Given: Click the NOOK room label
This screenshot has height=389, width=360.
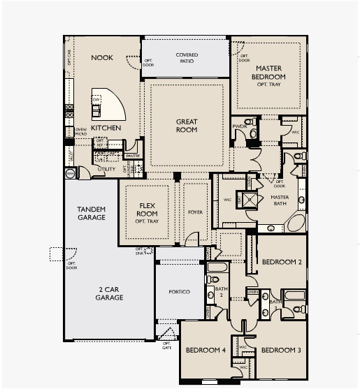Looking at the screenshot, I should [101, 58].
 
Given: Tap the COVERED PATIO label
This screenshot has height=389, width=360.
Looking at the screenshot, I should [186, 57].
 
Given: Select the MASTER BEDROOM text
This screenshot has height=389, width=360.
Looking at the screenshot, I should [269, 72].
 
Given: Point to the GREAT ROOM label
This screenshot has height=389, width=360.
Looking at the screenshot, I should [187, 126].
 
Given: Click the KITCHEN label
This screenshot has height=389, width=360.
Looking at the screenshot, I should [106, 129].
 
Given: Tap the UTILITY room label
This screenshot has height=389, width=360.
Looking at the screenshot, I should [106, 169].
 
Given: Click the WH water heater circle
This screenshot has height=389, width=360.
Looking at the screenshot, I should [70, 172].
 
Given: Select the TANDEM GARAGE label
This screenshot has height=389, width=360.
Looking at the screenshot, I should [92, 213].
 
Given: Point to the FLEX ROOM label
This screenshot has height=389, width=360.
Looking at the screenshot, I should [147, 211].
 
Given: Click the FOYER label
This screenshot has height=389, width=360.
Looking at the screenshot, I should [195, 211].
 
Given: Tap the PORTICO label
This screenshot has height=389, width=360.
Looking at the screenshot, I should [179, 291].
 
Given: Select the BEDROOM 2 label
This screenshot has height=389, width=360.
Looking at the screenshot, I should [281, 263].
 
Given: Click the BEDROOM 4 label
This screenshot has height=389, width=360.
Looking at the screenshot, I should [205, 350].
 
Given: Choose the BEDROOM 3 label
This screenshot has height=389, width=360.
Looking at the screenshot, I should [281, 350].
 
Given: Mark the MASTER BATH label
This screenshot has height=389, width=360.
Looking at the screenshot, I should [280, 201].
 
